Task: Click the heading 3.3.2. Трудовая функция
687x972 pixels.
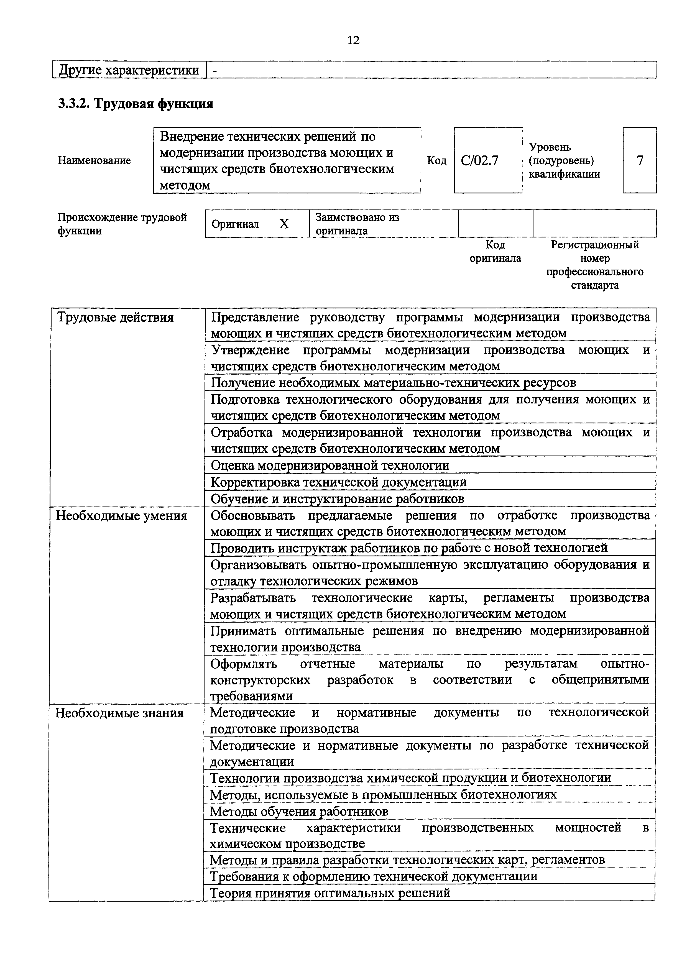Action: coord(136,103)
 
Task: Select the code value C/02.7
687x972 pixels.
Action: coord(480,160)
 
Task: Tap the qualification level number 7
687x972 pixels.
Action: coord(640,160)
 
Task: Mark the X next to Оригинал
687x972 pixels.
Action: coord(284,224)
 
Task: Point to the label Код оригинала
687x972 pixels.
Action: coord(495,252)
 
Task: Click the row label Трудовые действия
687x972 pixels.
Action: coord(115,317)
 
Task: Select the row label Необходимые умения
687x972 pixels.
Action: coord(121,516)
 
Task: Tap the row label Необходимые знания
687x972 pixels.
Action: coord(120,713)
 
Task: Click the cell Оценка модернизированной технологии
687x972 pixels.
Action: coord(330,465)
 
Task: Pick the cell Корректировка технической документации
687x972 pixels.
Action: coord(339,482)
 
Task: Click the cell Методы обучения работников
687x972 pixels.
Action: coord(299,812)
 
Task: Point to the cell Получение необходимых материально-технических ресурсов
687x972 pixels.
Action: coord(393,383)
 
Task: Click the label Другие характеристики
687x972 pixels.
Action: coord(129,70)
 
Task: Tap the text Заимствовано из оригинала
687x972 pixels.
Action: coord(357,224)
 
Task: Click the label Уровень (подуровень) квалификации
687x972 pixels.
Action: coord(564,160)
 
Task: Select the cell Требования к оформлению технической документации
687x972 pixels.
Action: coord(374,876)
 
